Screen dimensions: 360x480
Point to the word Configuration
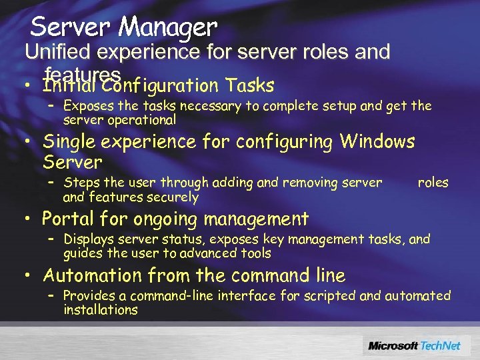tap(155, 86)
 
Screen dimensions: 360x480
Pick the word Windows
tap(378, 141)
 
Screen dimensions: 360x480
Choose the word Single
tap(73, 141)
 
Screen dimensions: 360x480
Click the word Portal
tap(67, 219)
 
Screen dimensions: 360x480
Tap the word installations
tap(100, 309)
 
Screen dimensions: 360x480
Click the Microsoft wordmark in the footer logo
tap(393, 345)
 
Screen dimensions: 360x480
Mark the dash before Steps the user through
tap(52, 181)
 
